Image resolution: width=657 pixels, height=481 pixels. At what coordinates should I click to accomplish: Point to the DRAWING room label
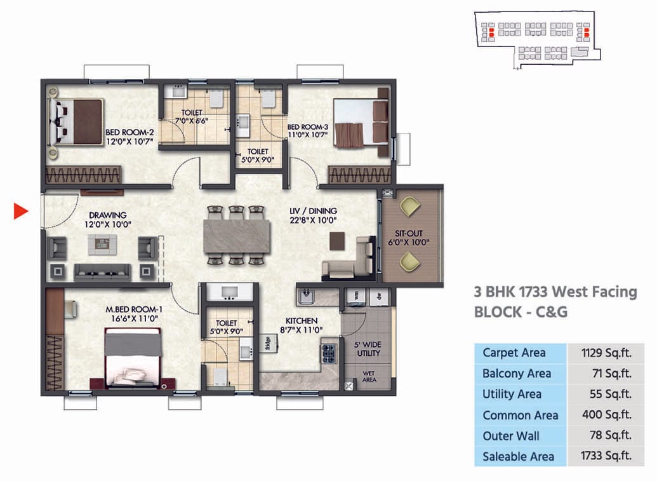point(107,215)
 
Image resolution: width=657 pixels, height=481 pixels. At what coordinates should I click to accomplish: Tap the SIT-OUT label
point(409,233)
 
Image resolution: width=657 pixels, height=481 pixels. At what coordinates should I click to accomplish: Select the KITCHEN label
point(301,321)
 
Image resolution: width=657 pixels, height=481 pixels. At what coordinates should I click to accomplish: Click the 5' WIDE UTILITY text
point(368,348)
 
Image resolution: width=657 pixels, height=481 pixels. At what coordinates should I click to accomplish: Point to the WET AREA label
point(369,376)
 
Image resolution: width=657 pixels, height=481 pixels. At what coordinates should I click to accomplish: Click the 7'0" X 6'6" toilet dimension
point(191,121)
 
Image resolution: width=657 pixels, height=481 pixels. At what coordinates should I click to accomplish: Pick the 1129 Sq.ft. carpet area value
point(606,353)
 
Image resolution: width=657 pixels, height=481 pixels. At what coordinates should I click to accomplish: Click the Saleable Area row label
point(518,456)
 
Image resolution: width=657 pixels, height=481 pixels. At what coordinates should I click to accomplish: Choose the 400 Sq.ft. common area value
point(606,415)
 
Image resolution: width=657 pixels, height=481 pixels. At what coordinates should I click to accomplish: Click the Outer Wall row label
point(511,436)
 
